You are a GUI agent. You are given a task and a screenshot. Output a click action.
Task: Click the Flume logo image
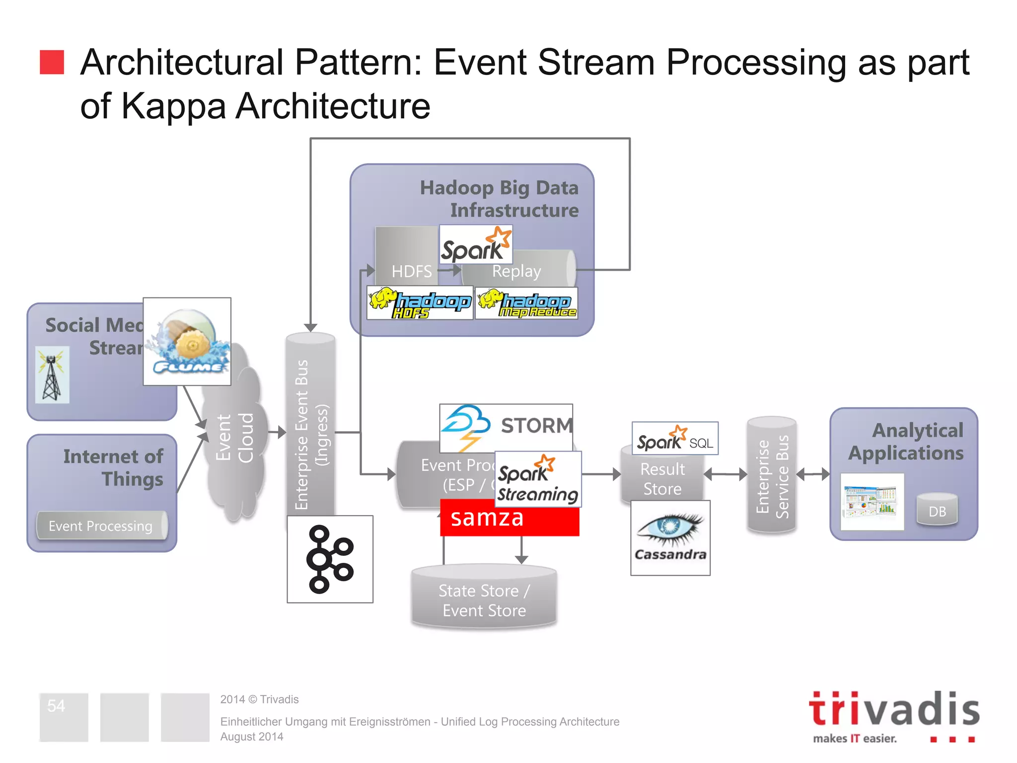187,342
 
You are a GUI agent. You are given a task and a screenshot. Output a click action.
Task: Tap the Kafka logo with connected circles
330,559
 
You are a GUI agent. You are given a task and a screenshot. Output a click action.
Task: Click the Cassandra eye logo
670,537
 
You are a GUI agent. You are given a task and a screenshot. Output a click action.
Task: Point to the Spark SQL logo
674,439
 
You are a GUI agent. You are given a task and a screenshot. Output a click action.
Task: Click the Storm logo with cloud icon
506,427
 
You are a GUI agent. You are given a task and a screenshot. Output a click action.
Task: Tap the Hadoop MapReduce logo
526,304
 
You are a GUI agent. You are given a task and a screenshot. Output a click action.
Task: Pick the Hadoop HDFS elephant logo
420,303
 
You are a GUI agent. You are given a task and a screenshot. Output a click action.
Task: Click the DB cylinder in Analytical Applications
937,510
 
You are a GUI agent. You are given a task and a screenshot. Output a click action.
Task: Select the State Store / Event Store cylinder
484,599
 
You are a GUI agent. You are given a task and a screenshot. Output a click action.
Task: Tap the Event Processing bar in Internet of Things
101,526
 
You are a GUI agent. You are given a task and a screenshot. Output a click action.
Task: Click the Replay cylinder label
516,271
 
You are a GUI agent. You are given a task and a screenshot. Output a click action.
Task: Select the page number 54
56,706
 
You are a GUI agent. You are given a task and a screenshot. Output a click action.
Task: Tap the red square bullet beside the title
52,62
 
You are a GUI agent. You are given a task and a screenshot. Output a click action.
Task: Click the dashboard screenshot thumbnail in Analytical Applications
872,502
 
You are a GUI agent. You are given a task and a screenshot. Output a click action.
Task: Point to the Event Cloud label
235,437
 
